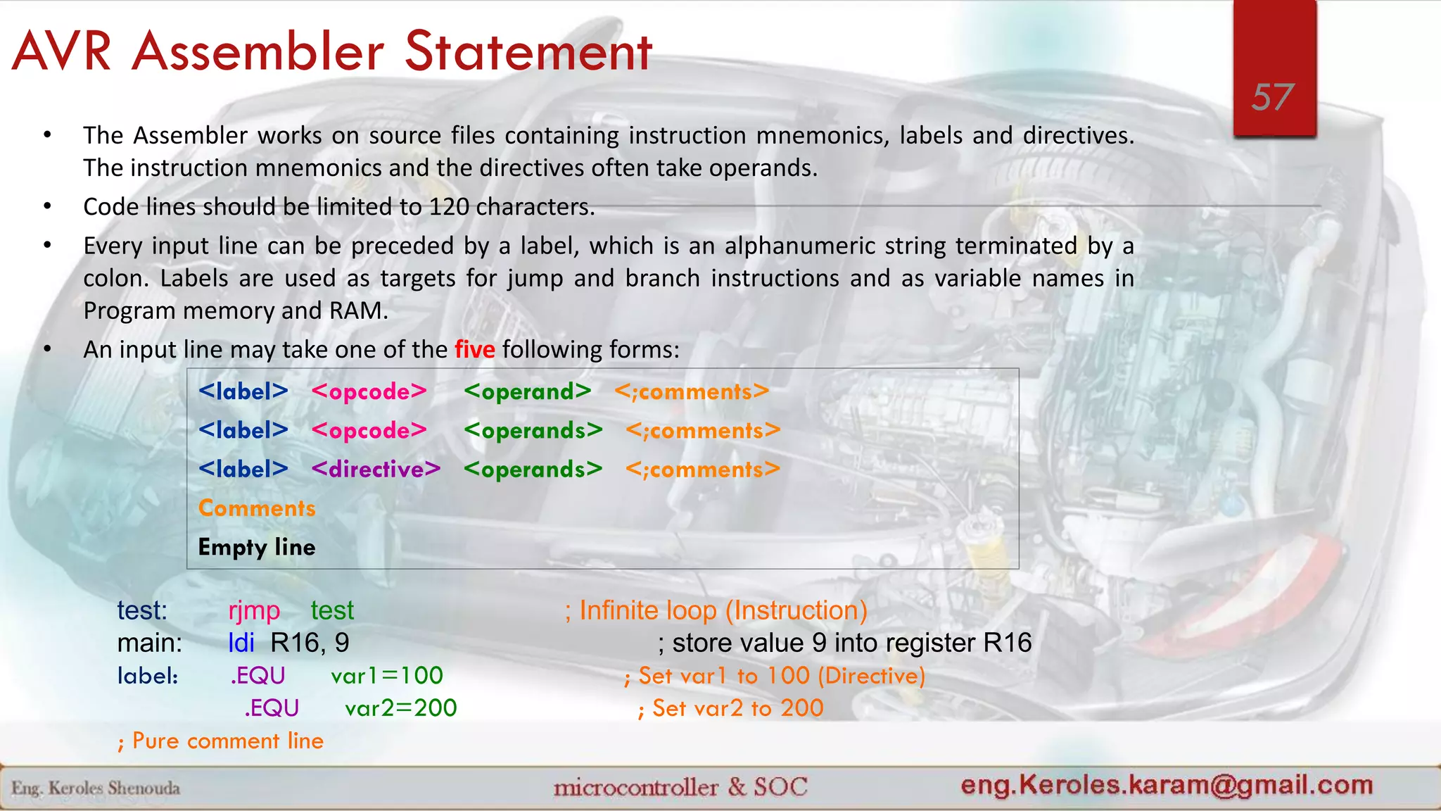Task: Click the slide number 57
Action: click(x=1273, y=97)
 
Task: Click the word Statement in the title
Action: click(x=528, y=52)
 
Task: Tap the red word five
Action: click(x=474, y=349)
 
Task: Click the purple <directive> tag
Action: click(x=376, y=470)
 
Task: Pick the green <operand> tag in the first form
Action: click(x=527, y=392)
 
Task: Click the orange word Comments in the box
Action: click(x=257, y=508)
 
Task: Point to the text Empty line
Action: click(x=257, y=548)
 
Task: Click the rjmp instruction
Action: click(x=254, y=610)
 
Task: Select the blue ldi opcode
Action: click(x=241, y=643)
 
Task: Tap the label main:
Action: click(x=149, y=643)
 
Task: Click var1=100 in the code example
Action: click(x=387, y=676)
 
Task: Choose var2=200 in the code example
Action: click(x=401, y=708)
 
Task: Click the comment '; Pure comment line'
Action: click(x=220, y=741)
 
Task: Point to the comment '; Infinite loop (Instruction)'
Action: click(x=716, y=610)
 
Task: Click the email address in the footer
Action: click(x=1167, y=785)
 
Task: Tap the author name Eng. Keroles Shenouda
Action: click(x=96, y=788)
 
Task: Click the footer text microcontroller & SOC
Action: click(x=680, y=787)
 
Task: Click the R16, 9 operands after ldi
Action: click(x=310, y=643)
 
